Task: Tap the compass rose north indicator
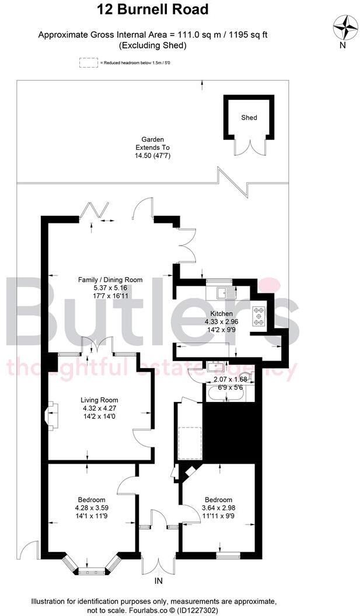(x=345, y=27)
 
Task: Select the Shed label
(x=249, y=118)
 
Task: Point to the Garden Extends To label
(x=152, y=148)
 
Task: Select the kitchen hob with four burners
(x=258, y=316)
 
